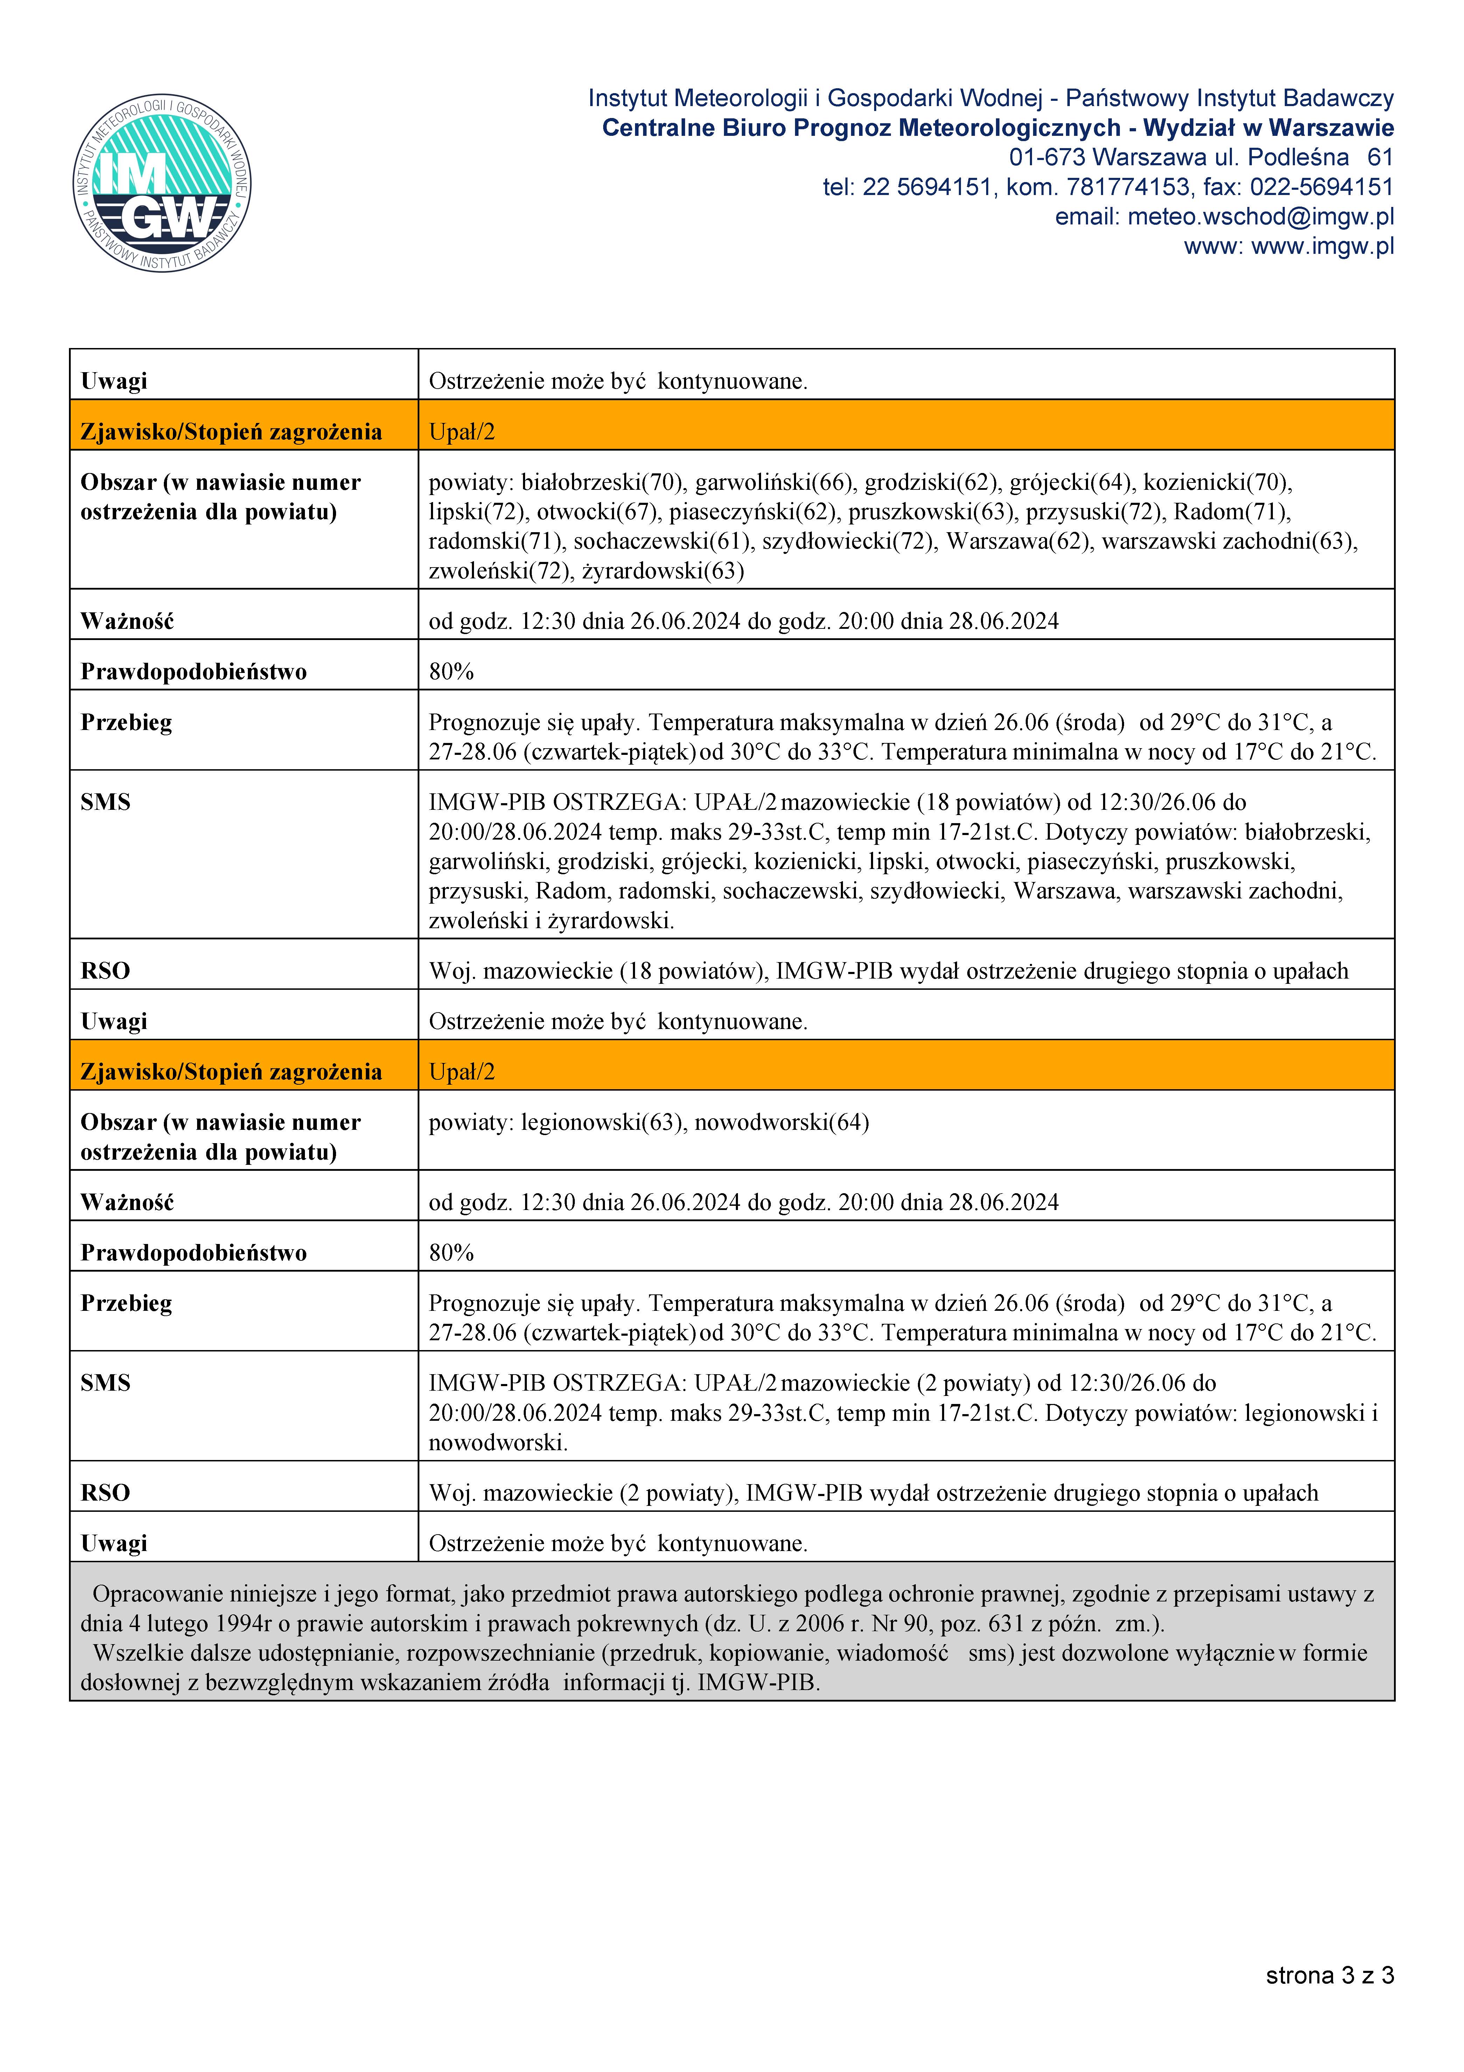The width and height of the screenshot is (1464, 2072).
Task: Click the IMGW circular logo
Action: click(x=162, y=183)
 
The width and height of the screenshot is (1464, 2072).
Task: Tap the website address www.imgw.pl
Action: click(x=1322, y=246)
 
